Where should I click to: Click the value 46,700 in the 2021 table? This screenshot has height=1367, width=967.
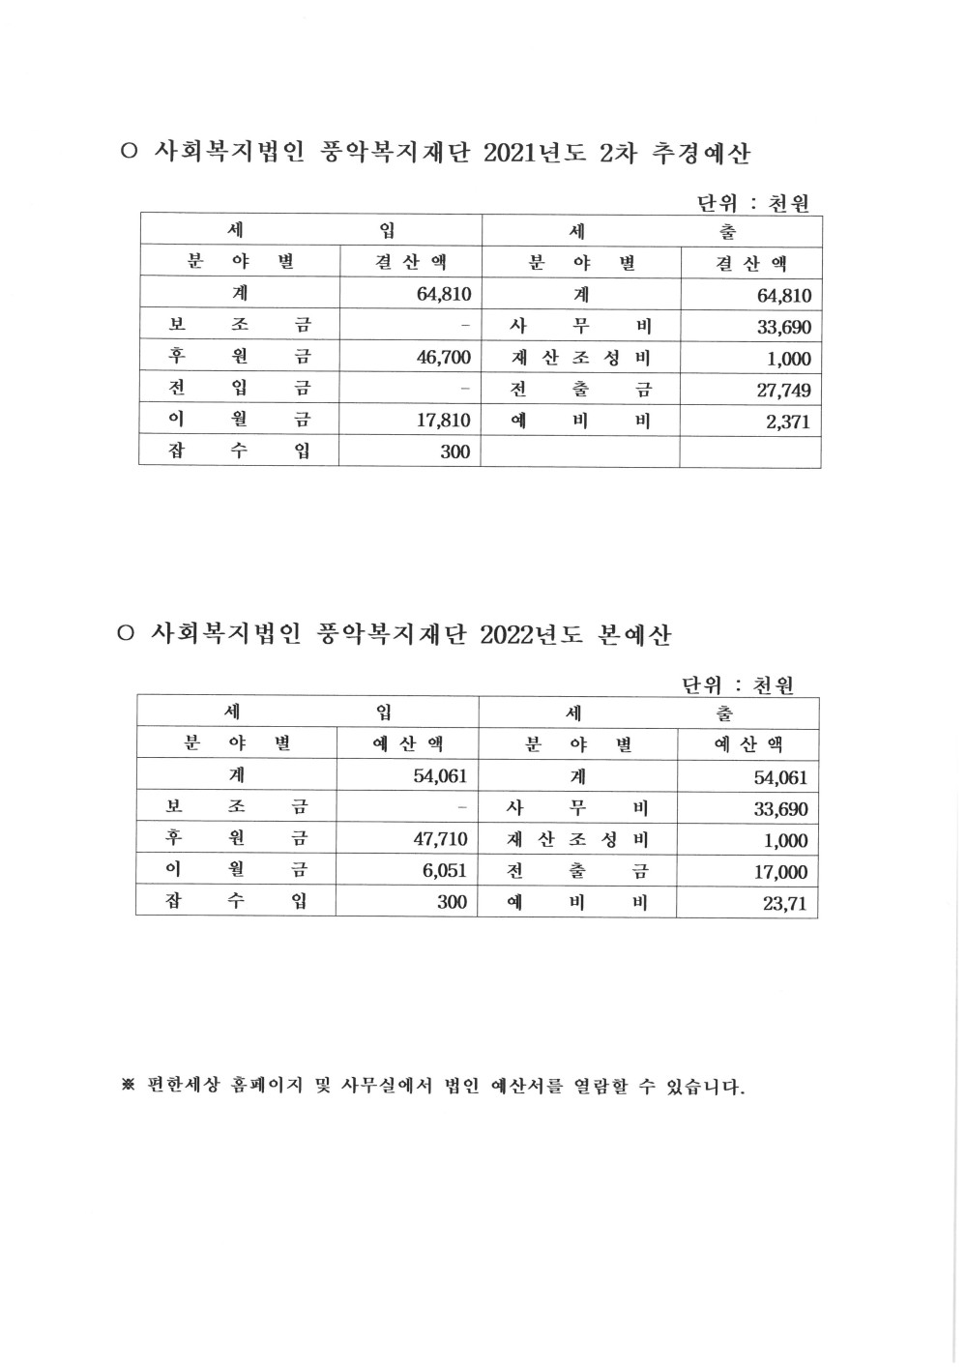point(443,358)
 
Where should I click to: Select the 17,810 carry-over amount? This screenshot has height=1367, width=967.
point(443,421)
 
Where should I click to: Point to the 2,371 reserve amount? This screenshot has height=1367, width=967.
point(788,422)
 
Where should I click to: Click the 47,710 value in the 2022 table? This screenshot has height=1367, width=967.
point(440,839)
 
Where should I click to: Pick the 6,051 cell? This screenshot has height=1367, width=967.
point(445,871)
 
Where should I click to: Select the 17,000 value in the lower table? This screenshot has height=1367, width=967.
point(780,872)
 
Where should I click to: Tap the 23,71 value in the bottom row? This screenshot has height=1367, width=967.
point(784,905)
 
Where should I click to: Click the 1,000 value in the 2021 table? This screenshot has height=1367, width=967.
point(789,359)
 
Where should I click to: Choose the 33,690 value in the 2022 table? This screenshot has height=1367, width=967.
point(780,809)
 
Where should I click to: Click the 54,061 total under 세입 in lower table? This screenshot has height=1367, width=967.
point(440,776)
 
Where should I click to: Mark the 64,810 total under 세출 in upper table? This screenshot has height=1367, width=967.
point(783,296)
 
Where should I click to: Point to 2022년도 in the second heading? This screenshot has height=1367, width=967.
point(531,635)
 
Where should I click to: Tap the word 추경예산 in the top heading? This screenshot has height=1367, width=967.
point(702,154)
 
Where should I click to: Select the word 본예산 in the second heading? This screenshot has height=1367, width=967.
point(634,635)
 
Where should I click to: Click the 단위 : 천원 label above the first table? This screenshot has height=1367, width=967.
point(752,204)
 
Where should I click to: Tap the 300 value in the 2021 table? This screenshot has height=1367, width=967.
point(454,451)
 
